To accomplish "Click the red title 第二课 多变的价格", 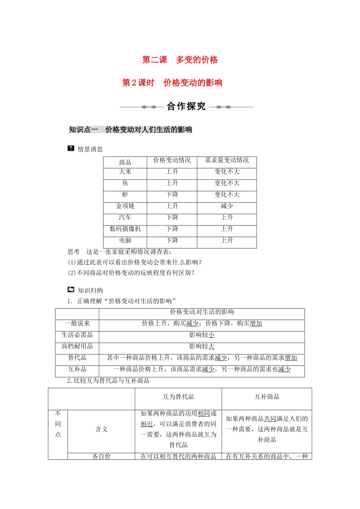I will [180, 60].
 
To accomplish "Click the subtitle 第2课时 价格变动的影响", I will [172, 83].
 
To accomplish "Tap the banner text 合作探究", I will [186, 106].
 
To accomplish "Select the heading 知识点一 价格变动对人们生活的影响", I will [130, 130].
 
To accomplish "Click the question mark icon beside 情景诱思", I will [71, 148].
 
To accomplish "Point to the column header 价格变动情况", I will [172, 161].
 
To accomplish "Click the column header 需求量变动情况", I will [227, 161].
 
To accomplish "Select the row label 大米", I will [125, 172].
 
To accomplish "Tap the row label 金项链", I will [125, 206].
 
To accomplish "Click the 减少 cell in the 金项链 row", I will [227, 206].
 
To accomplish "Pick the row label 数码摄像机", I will [125, 229].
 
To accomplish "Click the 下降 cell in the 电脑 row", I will [172, 240].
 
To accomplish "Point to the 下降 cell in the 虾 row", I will [172, 195].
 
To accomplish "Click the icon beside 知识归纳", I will [71, 290].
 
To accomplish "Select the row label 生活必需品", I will [77, 335].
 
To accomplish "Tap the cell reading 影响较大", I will [202, 347].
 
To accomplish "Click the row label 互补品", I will [77, 369].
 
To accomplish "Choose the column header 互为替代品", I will [178, 397].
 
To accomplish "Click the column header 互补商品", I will [267, 397].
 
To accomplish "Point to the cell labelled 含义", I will [101, 429].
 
